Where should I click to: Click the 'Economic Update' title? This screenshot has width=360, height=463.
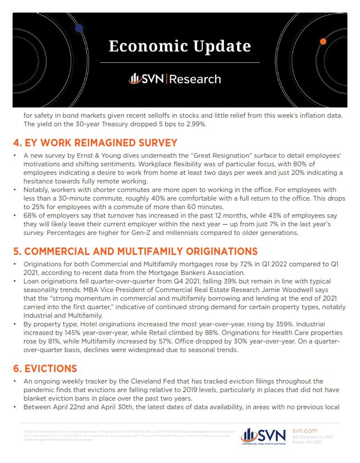tap(180, 45)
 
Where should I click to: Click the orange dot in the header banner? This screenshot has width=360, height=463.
tap(323, 42)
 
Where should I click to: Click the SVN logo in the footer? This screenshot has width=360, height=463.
tap(263, 436)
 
